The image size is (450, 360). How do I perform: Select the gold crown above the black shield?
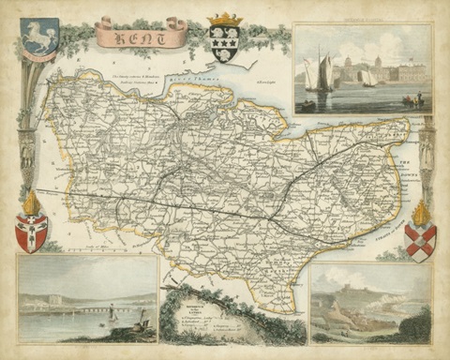(224, 20)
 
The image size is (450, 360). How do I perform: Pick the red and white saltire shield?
(419, 240)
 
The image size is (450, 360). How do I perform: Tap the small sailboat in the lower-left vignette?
(113, 317)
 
